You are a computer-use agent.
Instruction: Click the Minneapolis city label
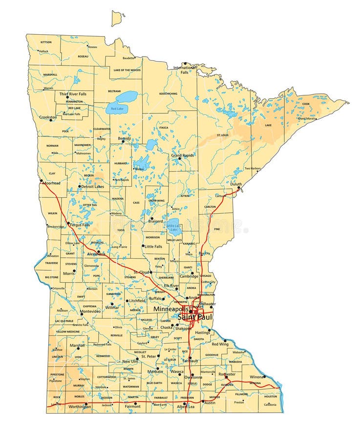click(170, 309)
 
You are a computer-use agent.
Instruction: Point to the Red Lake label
click(117, 109)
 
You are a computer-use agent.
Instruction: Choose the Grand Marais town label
click(306, 118)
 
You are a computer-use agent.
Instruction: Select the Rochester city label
click(227, 374)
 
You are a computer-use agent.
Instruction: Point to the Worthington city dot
click(86, 404)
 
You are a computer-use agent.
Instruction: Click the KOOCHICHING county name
click(168, 93)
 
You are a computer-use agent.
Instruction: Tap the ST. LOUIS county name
click(223, 135)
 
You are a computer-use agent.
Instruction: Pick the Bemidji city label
click(125, 138)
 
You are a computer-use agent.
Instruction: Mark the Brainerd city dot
click(151, 218)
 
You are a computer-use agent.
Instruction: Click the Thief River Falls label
click(73, 93)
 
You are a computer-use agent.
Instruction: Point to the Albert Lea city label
click(186, 407)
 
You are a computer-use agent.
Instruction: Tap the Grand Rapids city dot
click(179, 158)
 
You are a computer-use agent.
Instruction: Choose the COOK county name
click(306, 104)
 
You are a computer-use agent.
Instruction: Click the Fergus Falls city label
click(80, 225)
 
